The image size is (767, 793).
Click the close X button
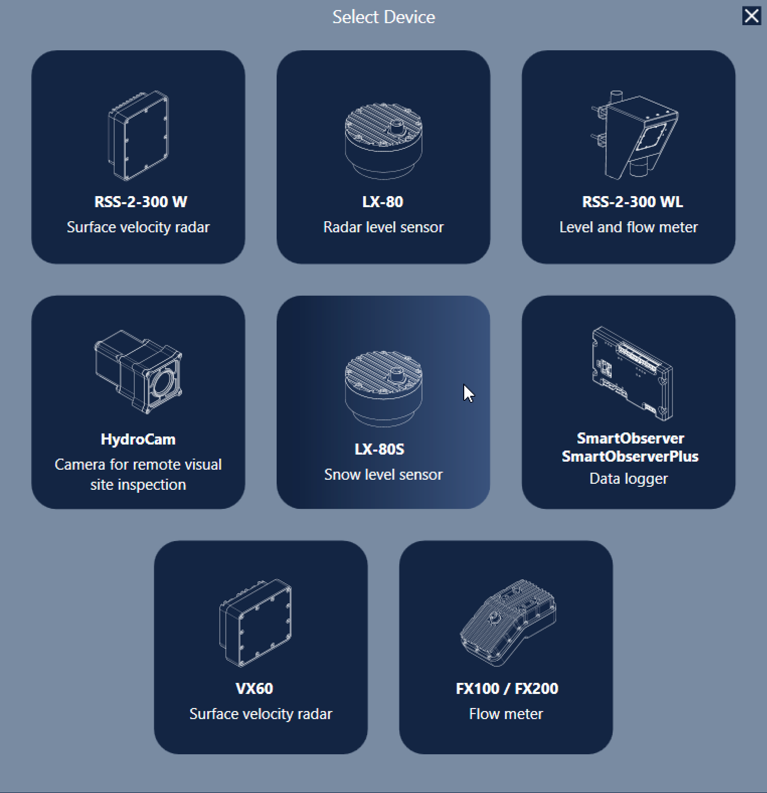click(751, 16)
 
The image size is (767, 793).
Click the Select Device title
click(384, 17)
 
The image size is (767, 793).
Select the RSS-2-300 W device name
click(140, 202)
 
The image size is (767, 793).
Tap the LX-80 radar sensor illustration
click(383, 141)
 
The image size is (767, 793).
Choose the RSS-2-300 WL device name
click(632, 202)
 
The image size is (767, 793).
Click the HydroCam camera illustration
click(138, 372)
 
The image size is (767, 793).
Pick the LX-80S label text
click(379, 449)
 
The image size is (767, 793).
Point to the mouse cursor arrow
click(468, 393)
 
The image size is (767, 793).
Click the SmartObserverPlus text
click(630, 456)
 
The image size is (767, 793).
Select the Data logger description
click(629, 479)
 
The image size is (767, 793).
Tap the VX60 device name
click(254, 688)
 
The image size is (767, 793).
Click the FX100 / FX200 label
click(506, 688)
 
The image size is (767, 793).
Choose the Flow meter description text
click(506, 714)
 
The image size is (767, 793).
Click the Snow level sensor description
click(383, 475)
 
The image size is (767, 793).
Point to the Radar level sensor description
click(383, 227)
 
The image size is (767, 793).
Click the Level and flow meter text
click(629, 227)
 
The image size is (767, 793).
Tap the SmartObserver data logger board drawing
click(632, 373)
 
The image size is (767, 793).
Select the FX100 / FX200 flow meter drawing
click(507, 623)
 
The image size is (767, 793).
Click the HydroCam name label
click(138, 439)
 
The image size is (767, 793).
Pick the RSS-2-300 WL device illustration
click(634, 135)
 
